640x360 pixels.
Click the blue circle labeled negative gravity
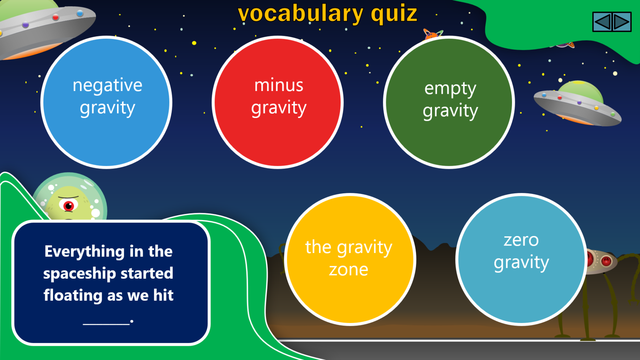pyautogui.click(x=106, y=102)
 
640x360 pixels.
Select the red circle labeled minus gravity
pyautogui.click(x=278, y=102)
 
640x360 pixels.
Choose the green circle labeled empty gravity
pyautogui.click(x=449, y=102)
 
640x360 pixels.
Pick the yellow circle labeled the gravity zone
pyautogui.click(x=350, y=259)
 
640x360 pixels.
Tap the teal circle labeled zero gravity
pyautogui.click(x=521, y=259)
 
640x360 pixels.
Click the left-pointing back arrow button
pyautogui.click(x=602, y=22)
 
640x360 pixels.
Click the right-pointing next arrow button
pyautogui.click(x=622, y=22)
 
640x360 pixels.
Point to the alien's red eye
pyautogui.click(x=68, y=205)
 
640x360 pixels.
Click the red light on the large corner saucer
pyautogui.click(x=55, y=17)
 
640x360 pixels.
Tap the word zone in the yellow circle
pyautogui.click(x=348, y=270)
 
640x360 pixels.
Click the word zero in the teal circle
pyautogui.click(x=521, y=240)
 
